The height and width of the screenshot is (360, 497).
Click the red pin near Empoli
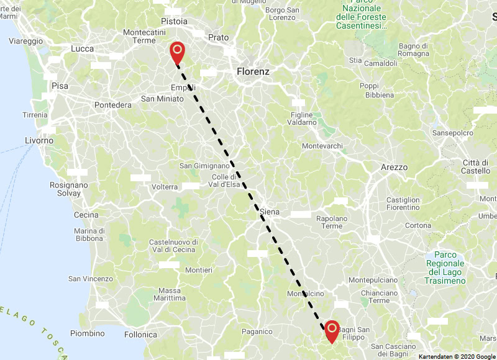click(x=177, y=51)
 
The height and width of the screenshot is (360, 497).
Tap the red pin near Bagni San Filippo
click(x=332, y=329)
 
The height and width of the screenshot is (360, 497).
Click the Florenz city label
click(x=253, y=72)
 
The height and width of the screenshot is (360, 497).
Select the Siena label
click(x=270, y=212)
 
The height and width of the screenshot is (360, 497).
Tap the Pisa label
click(x=60, y=86)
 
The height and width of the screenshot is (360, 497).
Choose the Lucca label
click(x=83, y=48)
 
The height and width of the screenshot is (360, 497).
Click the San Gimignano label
click(x=204, y=166)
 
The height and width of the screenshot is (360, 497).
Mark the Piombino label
click(x=87, y=333)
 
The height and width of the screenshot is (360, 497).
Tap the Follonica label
click(x=140, y=335)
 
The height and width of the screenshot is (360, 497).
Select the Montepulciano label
click(x=373, y=281)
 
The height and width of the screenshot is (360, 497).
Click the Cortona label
click(x=417, y=225)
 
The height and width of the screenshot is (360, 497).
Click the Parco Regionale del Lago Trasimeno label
click(x=445, y=268)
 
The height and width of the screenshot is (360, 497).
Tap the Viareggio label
click(x=26, y=41)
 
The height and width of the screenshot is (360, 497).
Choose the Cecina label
click(x=86, y=215)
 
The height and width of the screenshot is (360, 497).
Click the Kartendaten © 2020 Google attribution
click(x=457, y=356)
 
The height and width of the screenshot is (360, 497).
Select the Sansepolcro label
click(x=453, y=133)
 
